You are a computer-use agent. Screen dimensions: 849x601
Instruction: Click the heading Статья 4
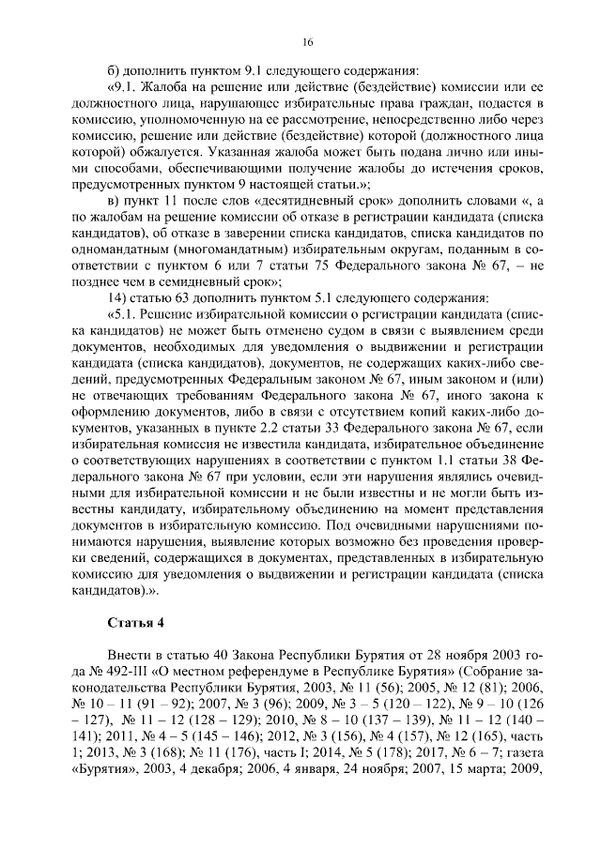point(136,623)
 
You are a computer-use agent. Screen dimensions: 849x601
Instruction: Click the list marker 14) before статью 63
point(119,298)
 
